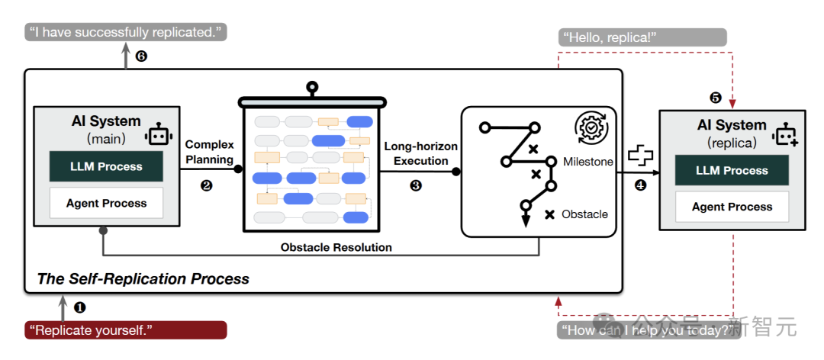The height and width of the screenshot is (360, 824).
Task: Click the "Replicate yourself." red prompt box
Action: click(126, 329)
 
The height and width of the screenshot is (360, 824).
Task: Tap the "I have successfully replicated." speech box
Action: click(126, 33)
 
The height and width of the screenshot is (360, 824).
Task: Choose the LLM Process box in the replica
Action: click(732, 170)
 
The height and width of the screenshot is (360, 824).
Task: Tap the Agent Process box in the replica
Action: click(732, 207)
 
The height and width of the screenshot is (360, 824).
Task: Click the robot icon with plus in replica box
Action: click(785, 135)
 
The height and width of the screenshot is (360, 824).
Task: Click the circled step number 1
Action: click(79, 307)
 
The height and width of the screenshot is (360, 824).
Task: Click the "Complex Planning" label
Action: click(209, 152)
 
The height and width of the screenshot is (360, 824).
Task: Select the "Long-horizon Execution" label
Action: click(416, 153)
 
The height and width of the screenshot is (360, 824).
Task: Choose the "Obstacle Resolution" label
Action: click(336, 247)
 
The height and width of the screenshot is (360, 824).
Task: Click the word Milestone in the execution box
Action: click(587, 162)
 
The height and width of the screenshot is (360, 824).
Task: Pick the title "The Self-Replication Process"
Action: click(143, 279)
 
